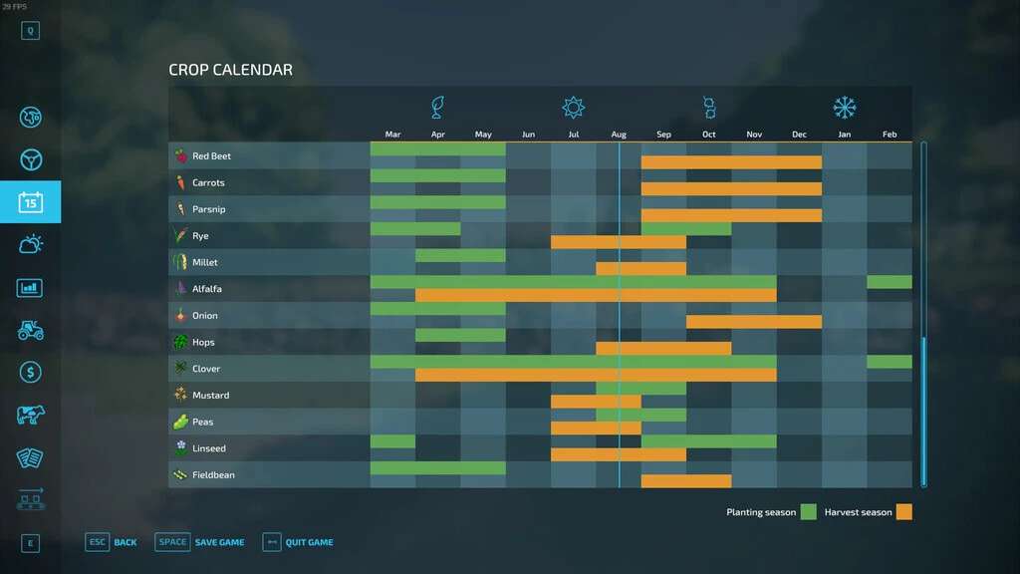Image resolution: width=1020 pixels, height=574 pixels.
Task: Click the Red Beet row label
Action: click(x=211, y=156)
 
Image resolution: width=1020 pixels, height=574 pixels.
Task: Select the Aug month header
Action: click(x=619, y=135)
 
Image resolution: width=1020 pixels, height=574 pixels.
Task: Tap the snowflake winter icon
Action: click(x=845, y=108)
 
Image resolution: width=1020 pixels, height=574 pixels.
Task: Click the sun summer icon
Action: click(x=573, y=108)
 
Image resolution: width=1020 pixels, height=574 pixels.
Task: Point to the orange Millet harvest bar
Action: click(x=640, y=269)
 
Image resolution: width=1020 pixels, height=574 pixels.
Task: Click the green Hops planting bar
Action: click(x=460, y=335)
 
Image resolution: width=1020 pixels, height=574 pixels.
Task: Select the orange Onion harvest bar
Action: click(x=753, y=322)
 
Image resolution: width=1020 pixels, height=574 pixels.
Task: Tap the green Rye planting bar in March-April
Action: click(x=415, y=229)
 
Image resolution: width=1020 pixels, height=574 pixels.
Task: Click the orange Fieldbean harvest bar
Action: click(x=685, y=481)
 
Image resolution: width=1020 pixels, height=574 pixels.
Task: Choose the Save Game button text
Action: click(x=219, y=542)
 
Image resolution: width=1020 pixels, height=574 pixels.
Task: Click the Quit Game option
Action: click(x=309, y=542)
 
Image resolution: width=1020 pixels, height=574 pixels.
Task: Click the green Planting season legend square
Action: click(x=808, y=512)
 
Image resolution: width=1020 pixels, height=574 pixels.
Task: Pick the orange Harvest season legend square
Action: click(x=903, y=512)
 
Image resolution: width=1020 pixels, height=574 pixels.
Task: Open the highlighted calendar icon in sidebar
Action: click(x=30, y=202)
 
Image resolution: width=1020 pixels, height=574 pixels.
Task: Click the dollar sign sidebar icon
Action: click(x=30, y=372)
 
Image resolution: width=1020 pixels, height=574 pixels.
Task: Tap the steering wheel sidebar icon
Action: click(x=30, y=159)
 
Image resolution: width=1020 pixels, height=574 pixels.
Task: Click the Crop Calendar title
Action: click(x=230, y=70)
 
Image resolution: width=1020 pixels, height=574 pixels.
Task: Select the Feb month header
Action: click(x=890, y=135)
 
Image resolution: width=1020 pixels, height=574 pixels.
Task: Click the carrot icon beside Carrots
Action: click(x=180, y=183)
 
